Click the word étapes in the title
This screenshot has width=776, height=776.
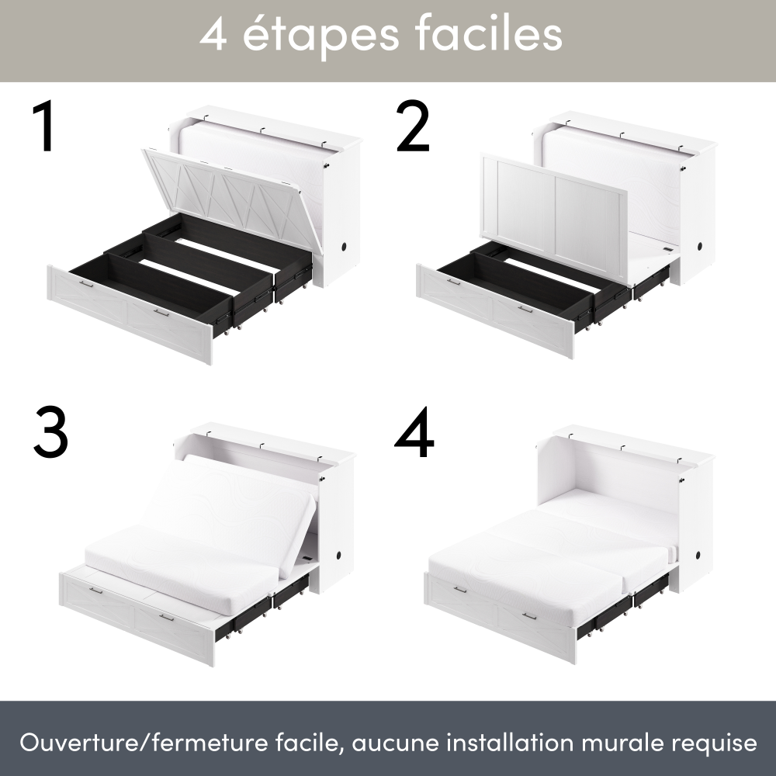coord(320,35)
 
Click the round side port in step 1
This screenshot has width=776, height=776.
coord(344,246)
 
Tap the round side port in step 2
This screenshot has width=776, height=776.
coord(700,246)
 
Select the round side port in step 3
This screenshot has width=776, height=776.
coord(340,556)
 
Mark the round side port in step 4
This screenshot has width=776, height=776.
coord(698,556)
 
